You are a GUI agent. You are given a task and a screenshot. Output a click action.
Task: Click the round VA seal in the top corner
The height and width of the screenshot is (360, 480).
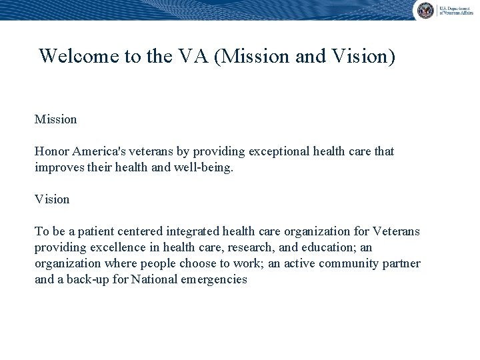tap(425, 10)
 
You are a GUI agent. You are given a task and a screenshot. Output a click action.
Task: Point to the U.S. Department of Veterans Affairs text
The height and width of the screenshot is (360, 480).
tap(455, 10)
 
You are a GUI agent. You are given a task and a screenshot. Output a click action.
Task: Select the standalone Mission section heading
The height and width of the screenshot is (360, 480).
tap(55, 119)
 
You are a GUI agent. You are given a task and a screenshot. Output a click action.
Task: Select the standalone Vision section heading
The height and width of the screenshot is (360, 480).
tap(52, 199)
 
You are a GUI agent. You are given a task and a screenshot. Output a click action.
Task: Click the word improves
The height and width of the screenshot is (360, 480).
tap(58, 167)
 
